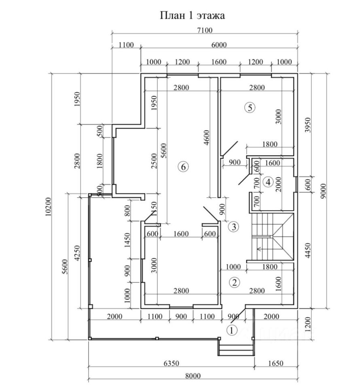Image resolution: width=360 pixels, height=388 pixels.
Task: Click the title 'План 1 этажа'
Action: tap(192, 16)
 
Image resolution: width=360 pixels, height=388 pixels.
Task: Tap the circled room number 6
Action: tap(183, 167)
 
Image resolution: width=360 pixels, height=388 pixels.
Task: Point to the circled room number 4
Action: tap(267, 182)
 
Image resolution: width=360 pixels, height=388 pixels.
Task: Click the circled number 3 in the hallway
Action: tap(233, 227)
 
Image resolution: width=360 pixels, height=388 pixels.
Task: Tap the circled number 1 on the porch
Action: tap(231, 330)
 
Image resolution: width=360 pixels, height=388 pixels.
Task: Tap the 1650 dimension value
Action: tap(275, 363)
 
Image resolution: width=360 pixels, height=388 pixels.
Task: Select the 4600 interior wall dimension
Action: tap(207, 138)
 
